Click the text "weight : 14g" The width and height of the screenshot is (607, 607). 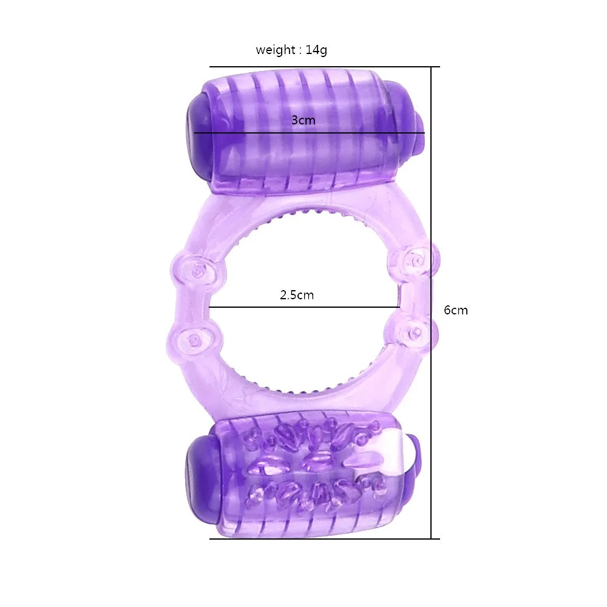(x=291, y=50)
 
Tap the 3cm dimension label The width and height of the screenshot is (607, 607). (x=303, y=120)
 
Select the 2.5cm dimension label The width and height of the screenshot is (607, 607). (x=297, y=296)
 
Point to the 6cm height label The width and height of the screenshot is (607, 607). (x=456, y=310)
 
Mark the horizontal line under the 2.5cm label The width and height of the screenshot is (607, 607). (x=303, y=307)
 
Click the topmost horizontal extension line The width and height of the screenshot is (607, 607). (x=322, y=67)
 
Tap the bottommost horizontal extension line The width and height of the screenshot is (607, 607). (x=322, y=538)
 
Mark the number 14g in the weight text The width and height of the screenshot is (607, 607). (x=316, y=50)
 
